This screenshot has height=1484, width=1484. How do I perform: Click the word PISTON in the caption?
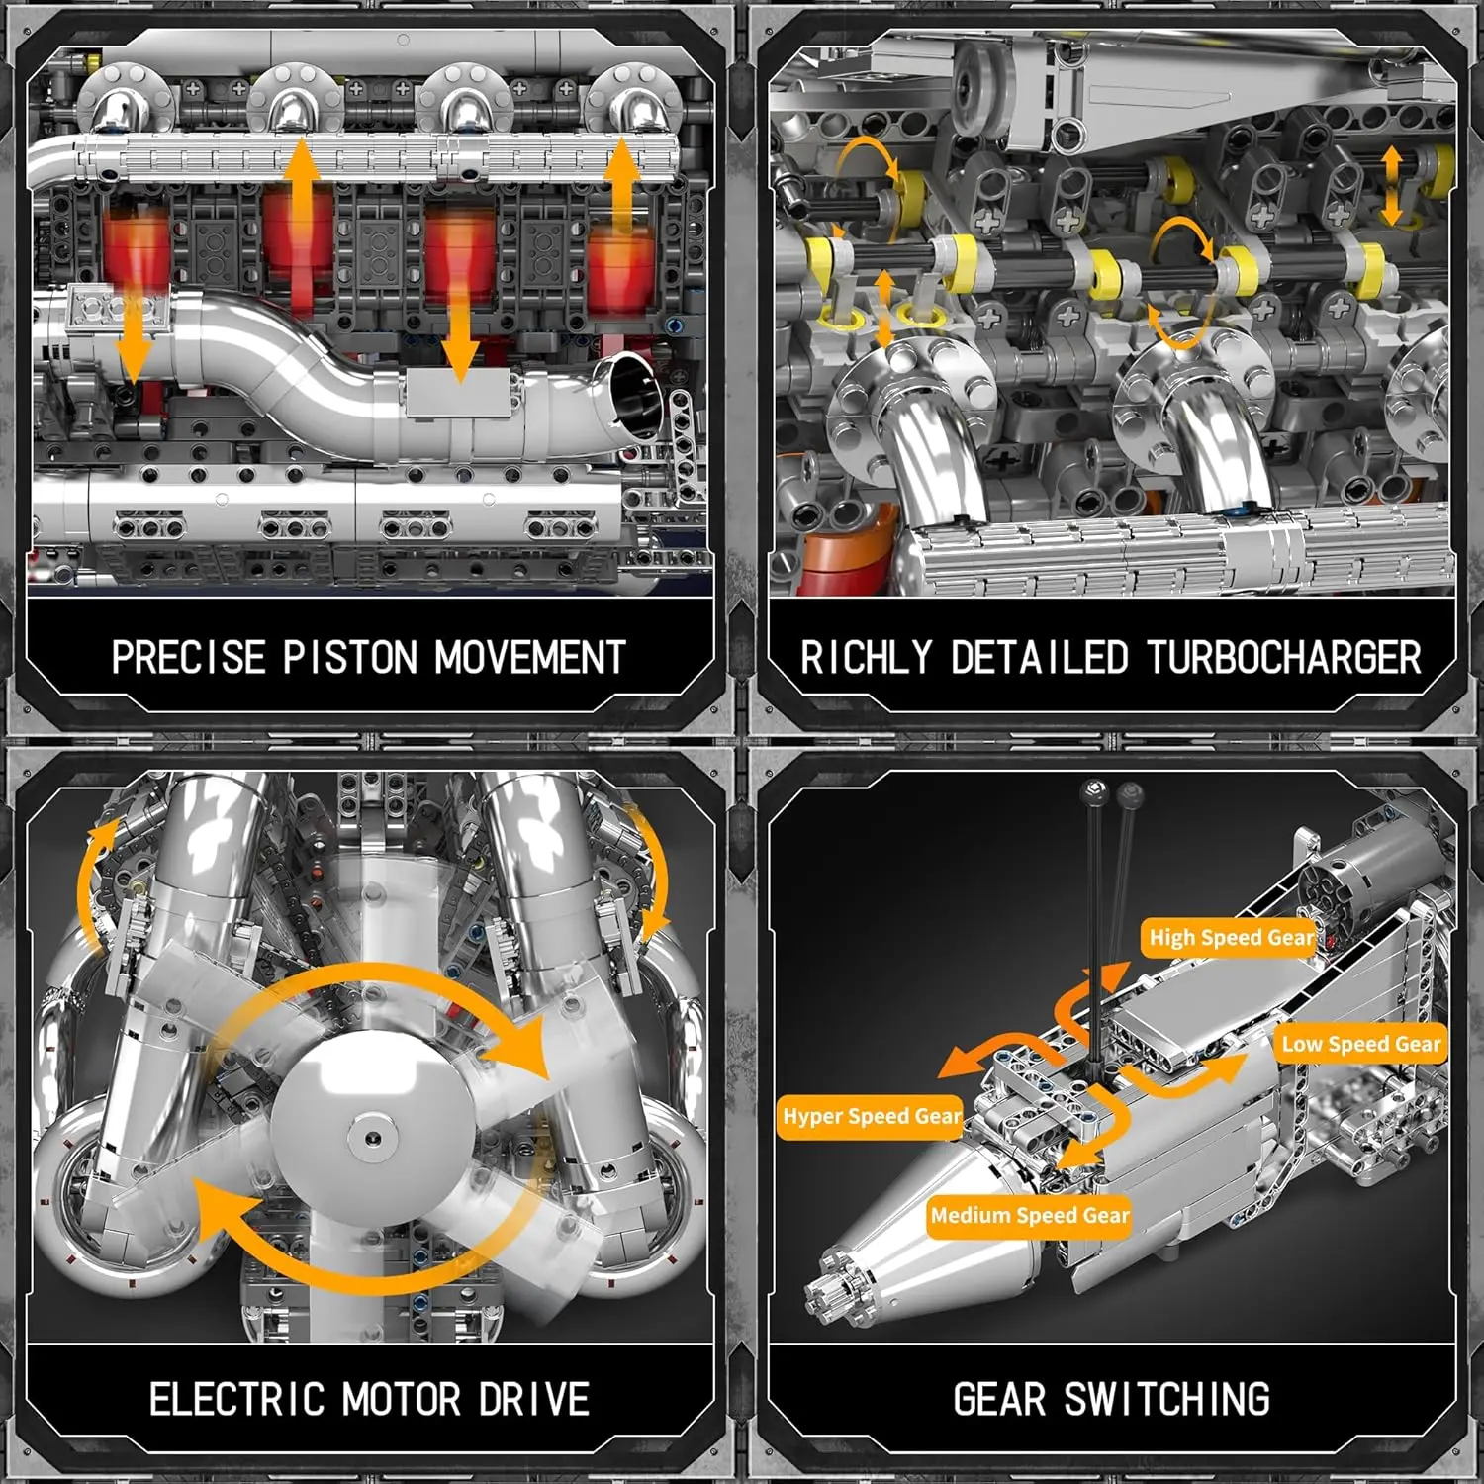[x=349, y=658]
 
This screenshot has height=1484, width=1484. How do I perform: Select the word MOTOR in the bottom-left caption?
[x=401, y=1399]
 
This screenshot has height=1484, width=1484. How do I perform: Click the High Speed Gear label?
[x=1230, y=937]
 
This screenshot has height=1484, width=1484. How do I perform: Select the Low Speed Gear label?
[x=1360, y=1044]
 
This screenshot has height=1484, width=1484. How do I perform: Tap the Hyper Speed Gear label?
[x=871, y=1116]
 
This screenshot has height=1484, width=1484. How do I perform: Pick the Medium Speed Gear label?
[x=1029, y=1215]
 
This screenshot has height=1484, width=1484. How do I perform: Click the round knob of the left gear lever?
[x=1093, y=790]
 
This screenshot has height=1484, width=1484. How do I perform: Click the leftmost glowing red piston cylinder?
[x=137, y=252]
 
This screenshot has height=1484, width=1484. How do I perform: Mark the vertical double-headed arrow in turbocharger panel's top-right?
[x=1391, y=186]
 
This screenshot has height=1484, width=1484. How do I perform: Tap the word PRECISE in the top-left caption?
[x=188, y=658]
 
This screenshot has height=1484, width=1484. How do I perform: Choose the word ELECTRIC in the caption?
[x=236, y=1399]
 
